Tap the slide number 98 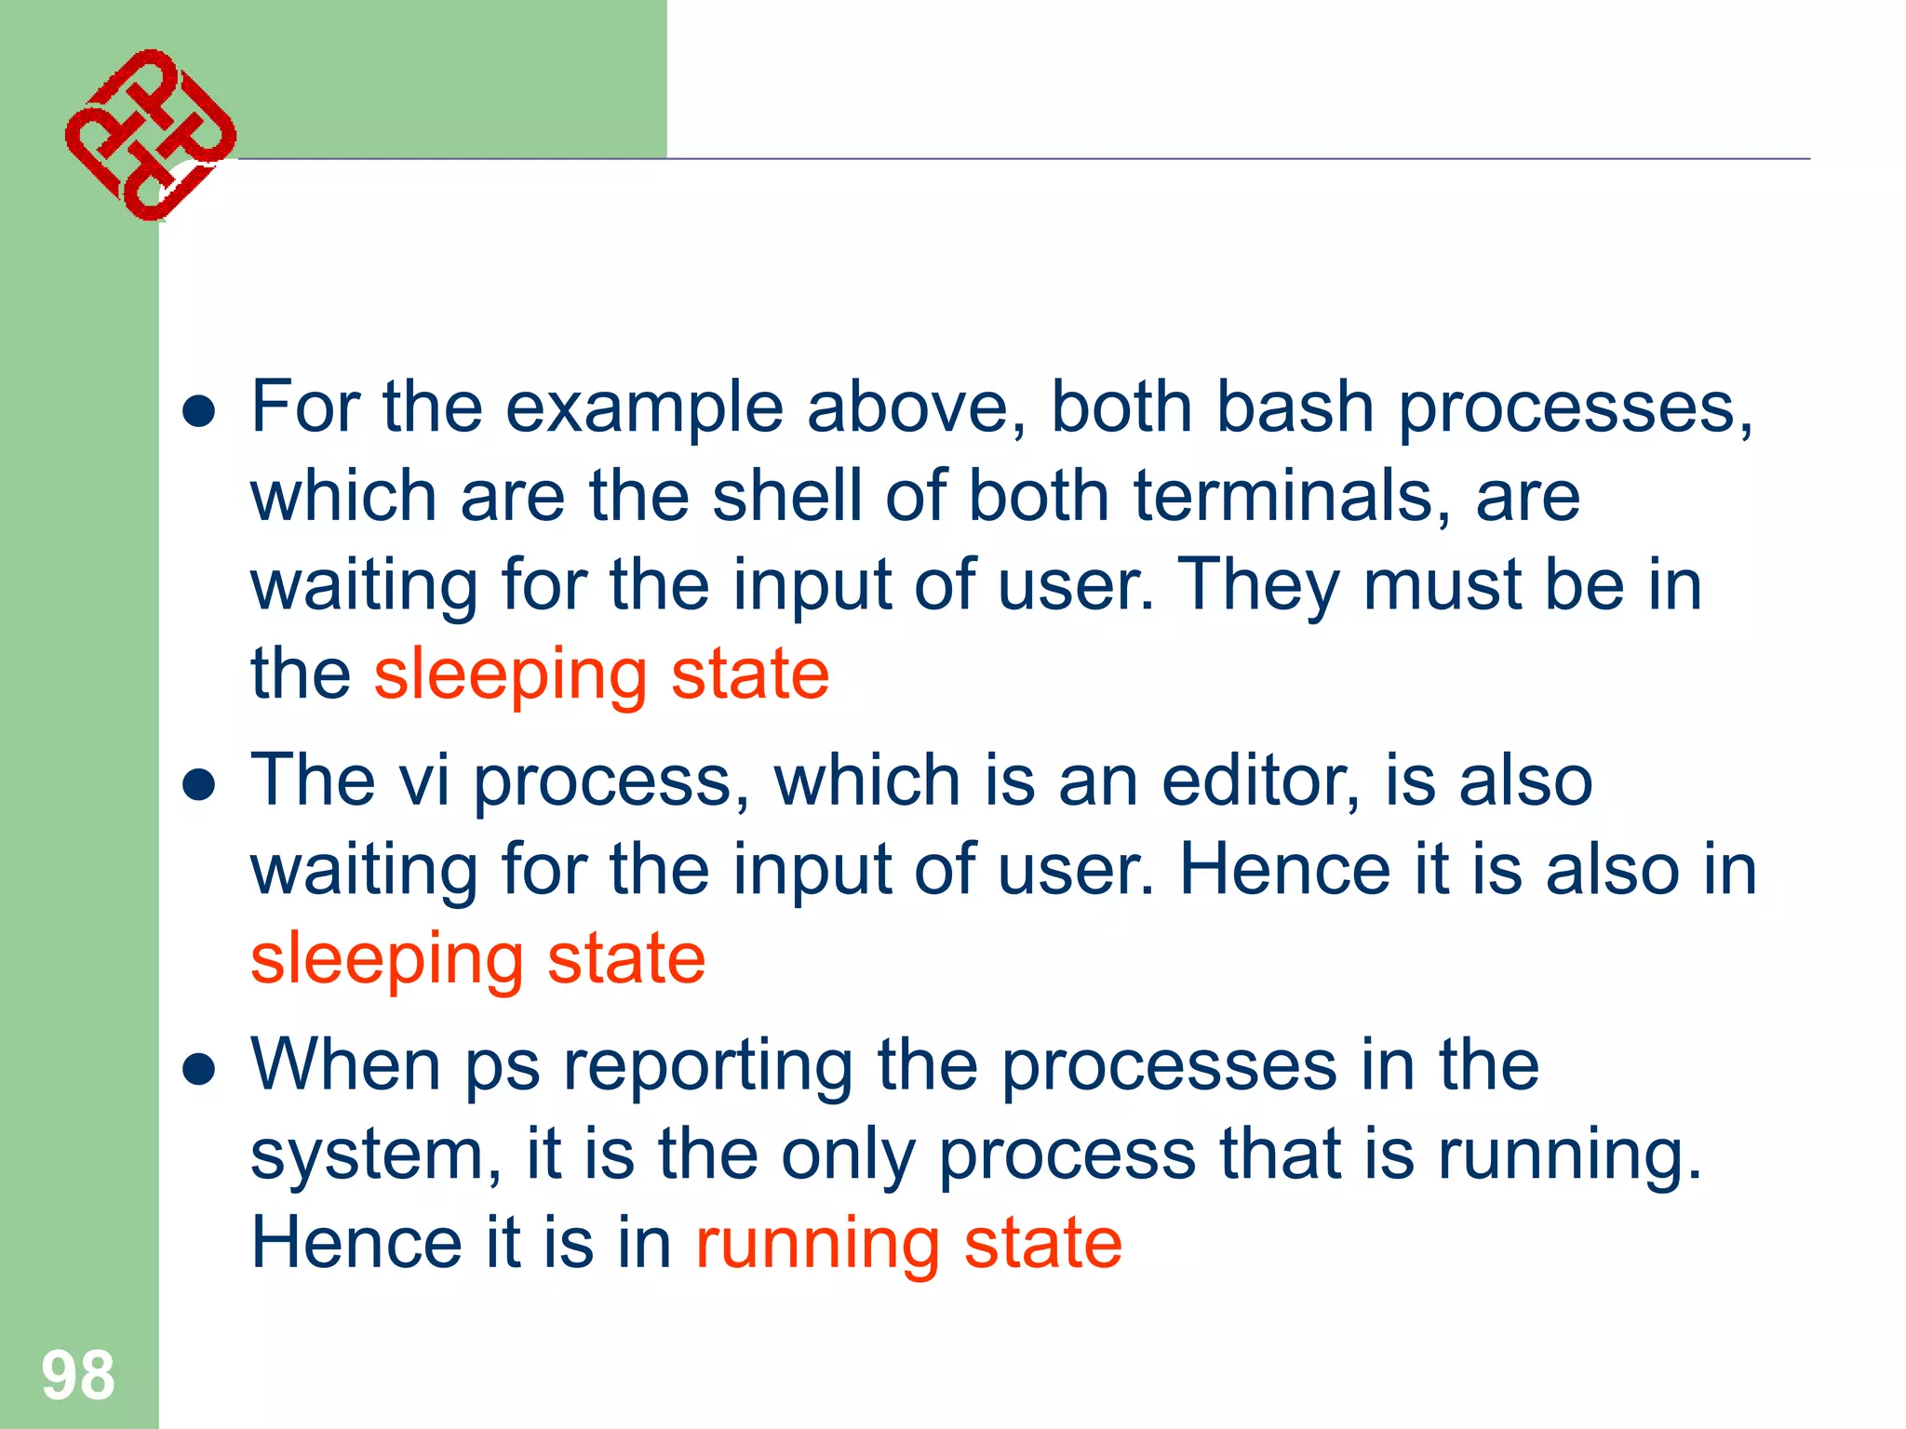78,1375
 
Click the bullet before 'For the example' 199,410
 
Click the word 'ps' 503,1068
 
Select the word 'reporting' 708,1068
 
